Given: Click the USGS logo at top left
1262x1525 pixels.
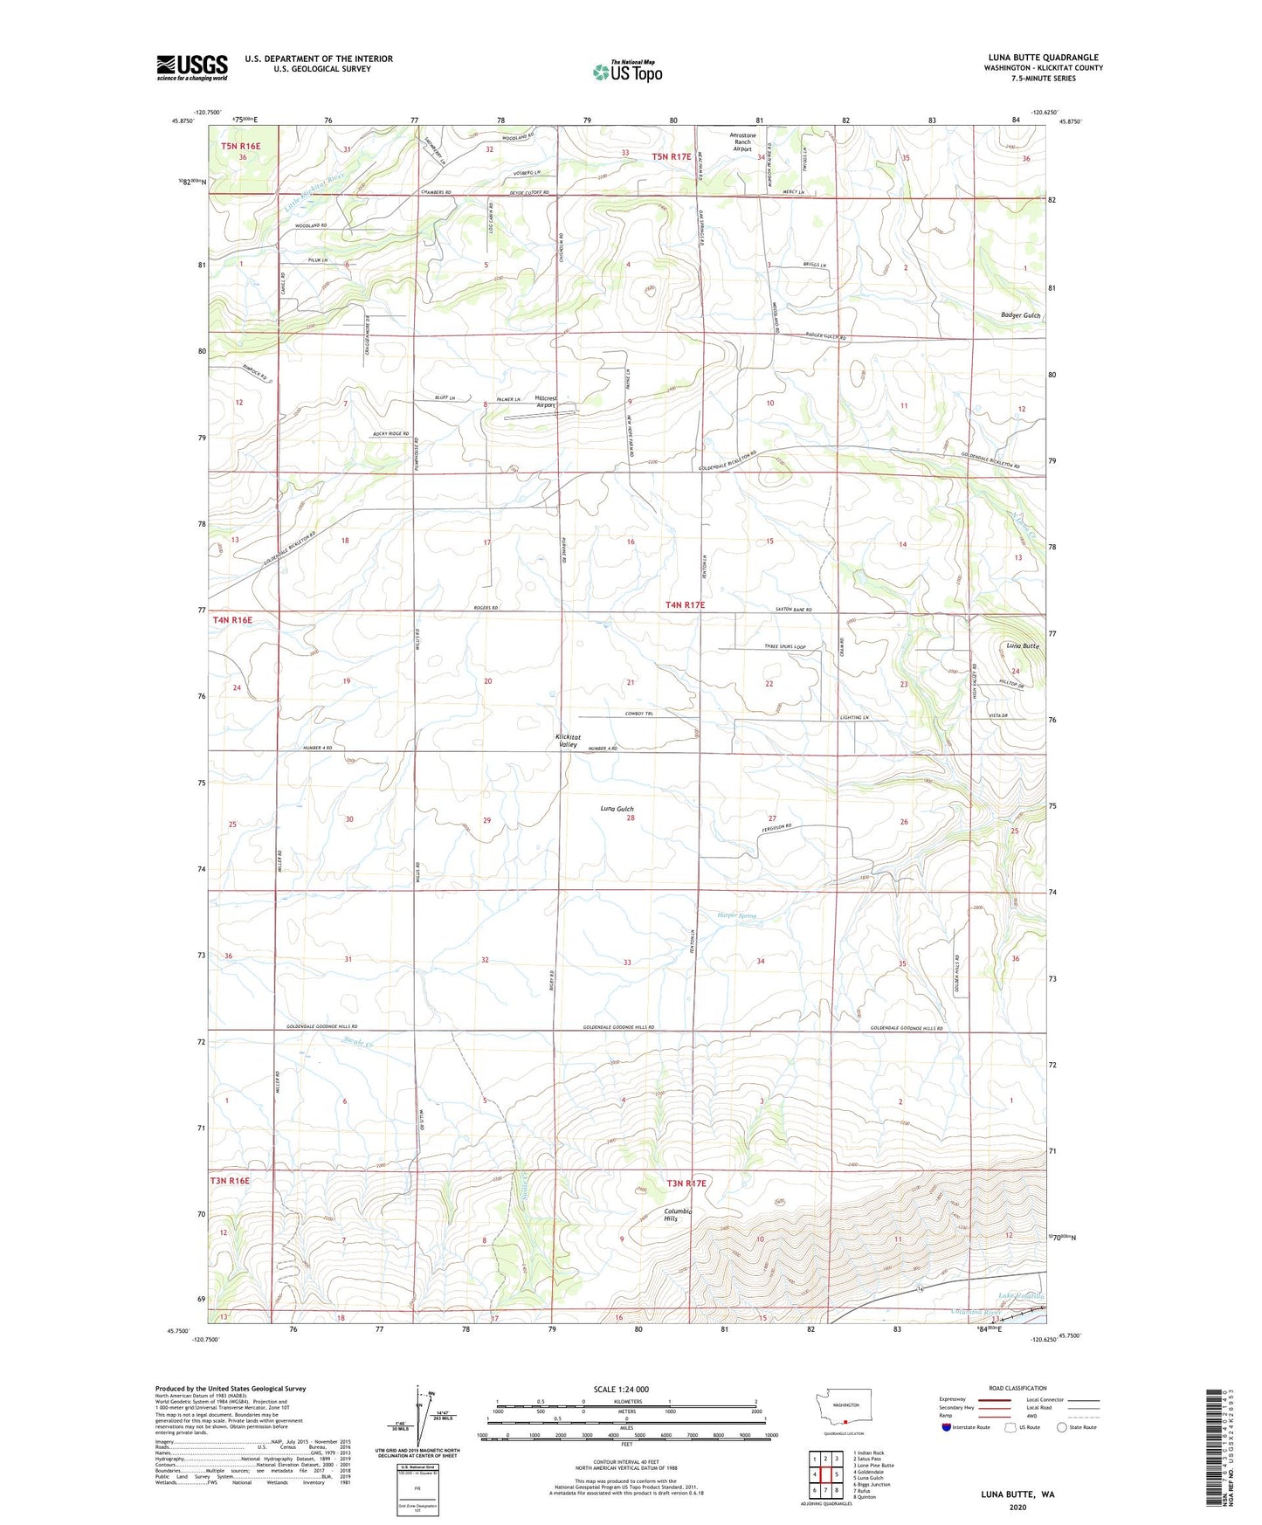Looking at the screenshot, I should pyautogui.click(x=191, y=67).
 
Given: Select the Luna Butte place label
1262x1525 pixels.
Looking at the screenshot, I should pyautogui.click(x=1022, y=645).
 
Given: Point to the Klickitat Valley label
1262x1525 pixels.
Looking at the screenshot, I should pyautogui.click(x=567, y=741).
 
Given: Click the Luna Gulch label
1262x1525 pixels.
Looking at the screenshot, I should pyautogui.click(x=617, y=809).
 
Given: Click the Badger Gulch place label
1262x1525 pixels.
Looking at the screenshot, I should pyautogui.click(x=1020, y=315).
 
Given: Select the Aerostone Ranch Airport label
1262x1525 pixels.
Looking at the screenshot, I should pyautogui.click(x=741, y=142).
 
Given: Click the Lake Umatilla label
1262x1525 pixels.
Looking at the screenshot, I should pyautogui.click(x=1021, y=1296).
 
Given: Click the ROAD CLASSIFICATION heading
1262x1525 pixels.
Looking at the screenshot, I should pyautogui.click(x=1017, y=1388).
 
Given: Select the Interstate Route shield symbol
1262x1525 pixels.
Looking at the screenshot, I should pyautogui.click(x=947, y=1427).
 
